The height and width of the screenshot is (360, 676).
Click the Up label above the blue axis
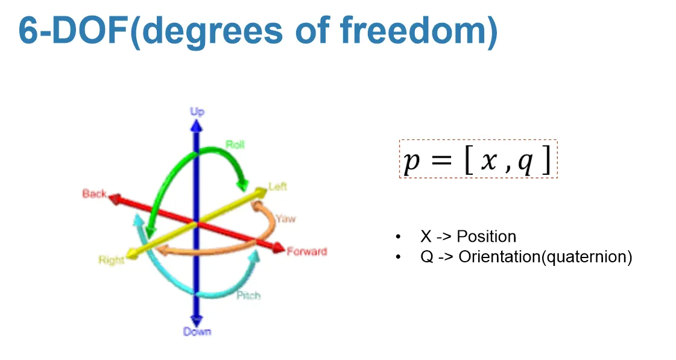point(197,112)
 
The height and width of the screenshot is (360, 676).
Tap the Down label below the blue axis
point(197,332)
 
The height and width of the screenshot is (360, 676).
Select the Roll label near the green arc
point(235,145)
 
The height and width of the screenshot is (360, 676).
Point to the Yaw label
point(285,218)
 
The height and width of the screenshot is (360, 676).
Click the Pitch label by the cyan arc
point(248,295)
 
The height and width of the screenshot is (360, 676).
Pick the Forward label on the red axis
point(306,251)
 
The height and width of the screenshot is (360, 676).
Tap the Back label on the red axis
point(94,194)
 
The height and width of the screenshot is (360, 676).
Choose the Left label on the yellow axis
point(277,186)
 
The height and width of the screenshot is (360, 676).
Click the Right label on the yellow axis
point(112,260)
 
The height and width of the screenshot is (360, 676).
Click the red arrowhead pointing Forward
point(278,248)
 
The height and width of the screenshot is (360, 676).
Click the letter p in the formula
point(411,162)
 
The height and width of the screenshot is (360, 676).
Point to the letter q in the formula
point(525,162)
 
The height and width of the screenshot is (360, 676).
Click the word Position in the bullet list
point(486,236)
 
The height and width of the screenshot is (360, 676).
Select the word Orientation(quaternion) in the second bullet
point(545,257)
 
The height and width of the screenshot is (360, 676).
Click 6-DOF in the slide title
point(73,30)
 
